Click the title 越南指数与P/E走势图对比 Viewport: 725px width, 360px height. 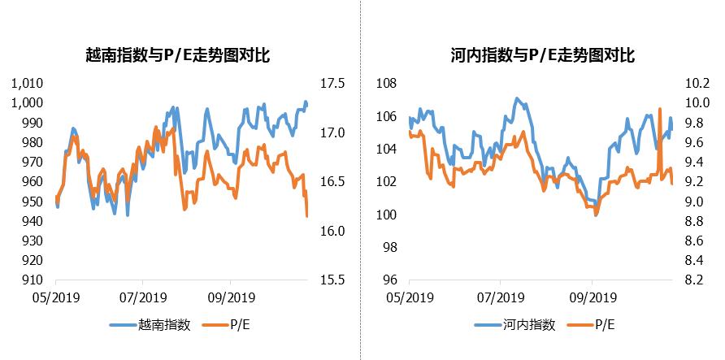click(177, 55)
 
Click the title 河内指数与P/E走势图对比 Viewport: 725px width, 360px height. click(542, 55)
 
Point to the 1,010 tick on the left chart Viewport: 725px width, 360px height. click(30, 83)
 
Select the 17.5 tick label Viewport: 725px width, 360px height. click(334, 83)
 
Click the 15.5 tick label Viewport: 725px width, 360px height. click(334, 280)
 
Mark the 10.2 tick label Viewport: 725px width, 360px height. click(700, 83)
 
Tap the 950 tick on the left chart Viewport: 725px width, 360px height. click(37, 201)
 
